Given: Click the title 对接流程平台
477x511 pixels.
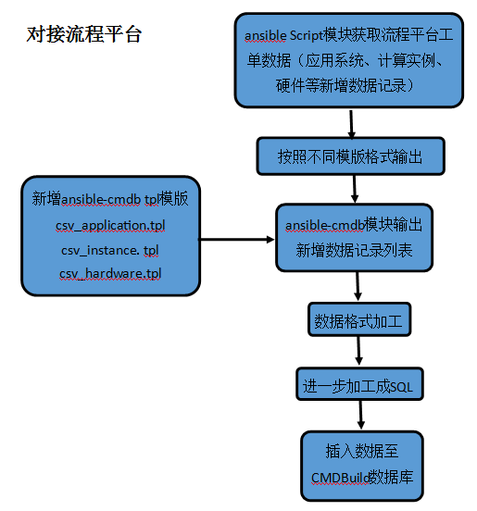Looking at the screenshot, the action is click(83, 34).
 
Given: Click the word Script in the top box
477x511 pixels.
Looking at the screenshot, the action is click(306, 35).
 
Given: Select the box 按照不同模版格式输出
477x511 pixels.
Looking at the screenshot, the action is click(350, 156).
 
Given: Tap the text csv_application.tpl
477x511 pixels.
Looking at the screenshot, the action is click(110, 226).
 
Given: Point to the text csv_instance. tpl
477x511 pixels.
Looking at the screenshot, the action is click(110, 250).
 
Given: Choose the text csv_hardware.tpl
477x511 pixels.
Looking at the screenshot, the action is click(110, 274).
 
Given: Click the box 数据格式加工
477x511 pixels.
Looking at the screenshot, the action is click(359, 319).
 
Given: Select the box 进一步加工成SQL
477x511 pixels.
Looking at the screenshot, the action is click(359, 384).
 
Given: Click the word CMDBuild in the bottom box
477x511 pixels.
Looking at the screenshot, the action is click(340, 478).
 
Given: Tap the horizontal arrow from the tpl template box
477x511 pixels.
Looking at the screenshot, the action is click(237, 240).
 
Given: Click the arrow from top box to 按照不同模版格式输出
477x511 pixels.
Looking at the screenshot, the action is click(351, 124).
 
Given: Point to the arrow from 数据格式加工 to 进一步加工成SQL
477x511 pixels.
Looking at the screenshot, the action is click(358, 351).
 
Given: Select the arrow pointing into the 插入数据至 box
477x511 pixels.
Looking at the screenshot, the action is click(360, 415).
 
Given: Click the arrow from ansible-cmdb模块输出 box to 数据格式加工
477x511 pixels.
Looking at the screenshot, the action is click(358, 286).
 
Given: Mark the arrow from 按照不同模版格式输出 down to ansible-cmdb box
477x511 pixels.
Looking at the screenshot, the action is click(355, 189).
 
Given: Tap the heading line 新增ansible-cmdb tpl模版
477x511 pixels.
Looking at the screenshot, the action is click(110, 199).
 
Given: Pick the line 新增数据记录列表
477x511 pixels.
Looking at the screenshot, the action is click(354, 250).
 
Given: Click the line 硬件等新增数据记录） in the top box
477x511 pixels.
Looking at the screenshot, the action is click(345, 85).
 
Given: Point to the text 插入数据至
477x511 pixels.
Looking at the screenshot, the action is click(362, 451).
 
